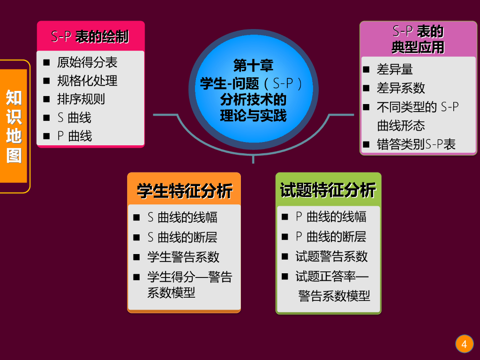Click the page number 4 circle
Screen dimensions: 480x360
(x=464, y=345)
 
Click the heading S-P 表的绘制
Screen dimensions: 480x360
(x=90, y=37)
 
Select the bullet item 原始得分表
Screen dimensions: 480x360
(x=87, y=62)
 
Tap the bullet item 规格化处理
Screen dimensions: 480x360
(x=87, y=81)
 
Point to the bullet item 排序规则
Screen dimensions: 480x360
(x=81, y=99)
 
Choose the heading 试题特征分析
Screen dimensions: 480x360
(x=328, y=190)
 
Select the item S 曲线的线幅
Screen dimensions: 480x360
(x=182, y=217)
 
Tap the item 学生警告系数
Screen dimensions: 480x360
(x=183, y=257)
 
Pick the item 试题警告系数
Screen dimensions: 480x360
(x=331, y=256)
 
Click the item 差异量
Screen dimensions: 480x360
(x=395, y=69)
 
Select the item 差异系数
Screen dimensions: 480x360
(x=401, y=88)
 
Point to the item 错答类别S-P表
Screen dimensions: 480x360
(x=416, y=144)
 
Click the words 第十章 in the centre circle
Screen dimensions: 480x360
(x=253, y=65)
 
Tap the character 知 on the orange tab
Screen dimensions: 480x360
(x=14, y=97)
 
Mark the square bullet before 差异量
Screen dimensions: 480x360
(x=367, y=70)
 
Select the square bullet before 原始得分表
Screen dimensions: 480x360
(x=46, y=62)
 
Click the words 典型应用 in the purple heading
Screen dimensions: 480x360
(x=418, y=47)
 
